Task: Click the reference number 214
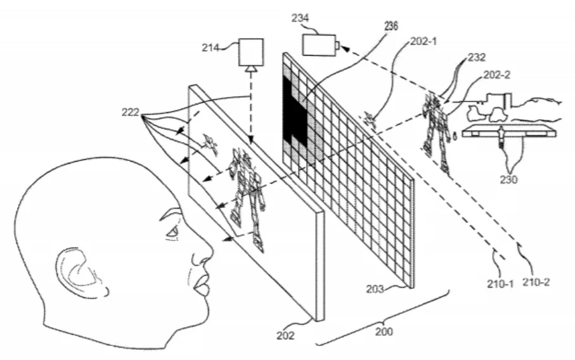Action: tap(210, 48)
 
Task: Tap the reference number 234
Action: tap(300, 18)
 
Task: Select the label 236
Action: tap(391, 25)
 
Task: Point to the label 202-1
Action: tap(423, 41)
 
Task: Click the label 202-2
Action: tap(497, 75)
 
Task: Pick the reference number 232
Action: tap(477, 57)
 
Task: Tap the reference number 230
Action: tap(508, 179)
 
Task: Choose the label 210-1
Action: tap(500, 283)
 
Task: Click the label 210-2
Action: tap(536, 282)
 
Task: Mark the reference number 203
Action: tap(375, 289)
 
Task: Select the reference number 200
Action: tap(384, 331)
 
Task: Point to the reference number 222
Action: tap(131, 112)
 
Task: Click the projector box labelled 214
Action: tap(251, 52)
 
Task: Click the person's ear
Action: tap(81, 272)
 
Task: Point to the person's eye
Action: tap(172, 232)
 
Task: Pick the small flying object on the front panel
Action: tap(210, 144)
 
